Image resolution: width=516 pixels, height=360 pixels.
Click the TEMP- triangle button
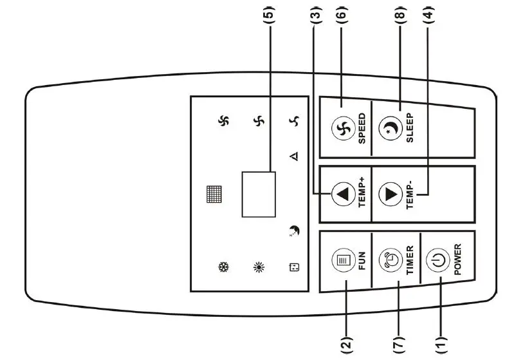tap(390, 194)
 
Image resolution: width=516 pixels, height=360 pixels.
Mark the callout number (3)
tap(315, 14)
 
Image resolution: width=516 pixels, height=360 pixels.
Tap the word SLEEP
tap(409, 128)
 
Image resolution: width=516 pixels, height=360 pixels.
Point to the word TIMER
tap(409, 260)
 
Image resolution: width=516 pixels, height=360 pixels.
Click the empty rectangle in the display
tap(259, 194)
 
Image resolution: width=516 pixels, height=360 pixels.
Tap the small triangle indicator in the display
tap(295, 156)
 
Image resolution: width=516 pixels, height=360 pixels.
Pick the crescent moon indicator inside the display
tap(294, 231)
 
